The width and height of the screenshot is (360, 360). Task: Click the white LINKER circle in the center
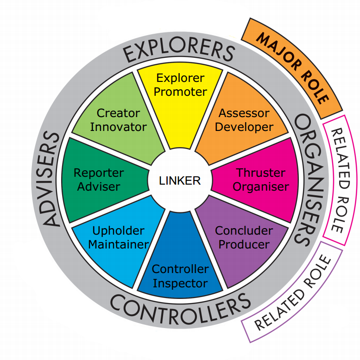pyautogui.click(x=180, y=180)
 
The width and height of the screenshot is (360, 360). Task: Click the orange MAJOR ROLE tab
pyautogui.click(x=293, y=68)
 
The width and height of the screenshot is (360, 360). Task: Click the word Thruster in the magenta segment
pyautogui.click(x=261, y=173)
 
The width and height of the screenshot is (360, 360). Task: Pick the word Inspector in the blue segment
pyautogui.click(x=180, y=283)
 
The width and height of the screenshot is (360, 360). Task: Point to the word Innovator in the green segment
pyautogui.click(x=118, y=126)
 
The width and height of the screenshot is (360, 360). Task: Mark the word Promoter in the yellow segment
pyautogui.click(x=180, y=92)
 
